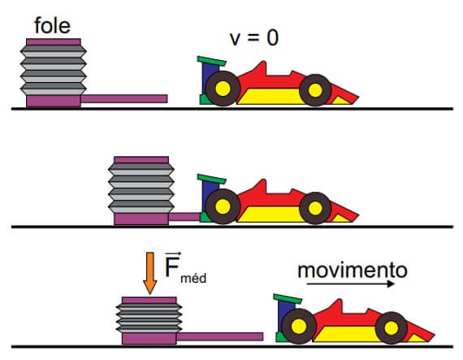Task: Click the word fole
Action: [53, 25]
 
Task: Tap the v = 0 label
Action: [254, 38]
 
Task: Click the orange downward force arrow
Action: [150, 273]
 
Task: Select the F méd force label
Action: [185, 269]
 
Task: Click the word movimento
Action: [353, 271]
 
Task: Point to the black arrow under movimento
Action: [351, 284]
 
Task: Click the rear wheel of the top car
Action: [223, 89]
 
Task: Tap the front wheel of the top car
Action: [315, 90]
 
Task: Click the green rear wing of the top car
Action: [212, 61]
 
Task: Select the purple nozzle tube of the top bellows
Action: [124, 98]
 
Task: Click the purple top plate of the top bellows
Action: [54, 42]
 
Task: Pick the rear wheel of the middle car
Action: [223, 206]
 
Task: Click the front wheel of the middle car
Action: [315, 208]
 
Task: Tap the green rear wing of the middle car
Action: [212, 179]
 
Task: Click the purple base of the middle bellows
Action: [141, 219]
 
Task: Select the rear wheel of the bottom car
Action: [299, 327]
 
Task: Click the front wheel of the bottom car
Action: [392, 328]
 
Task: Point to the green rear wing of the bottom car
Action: [288, 299]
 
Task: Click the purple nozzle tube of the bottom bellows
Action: [219, 336]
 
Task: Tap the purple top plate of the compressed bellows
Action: [149, 301]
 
